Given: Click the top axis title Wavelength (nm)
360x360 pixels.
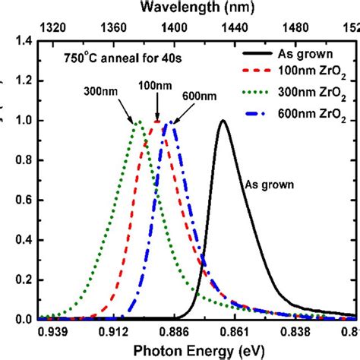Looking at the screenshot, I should pos(198,8).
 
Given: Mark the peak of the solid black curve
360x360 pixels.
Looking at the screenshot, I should pos(223,121).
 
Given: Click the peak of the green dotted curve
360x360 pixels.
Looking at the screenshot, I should pos(137,121).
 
